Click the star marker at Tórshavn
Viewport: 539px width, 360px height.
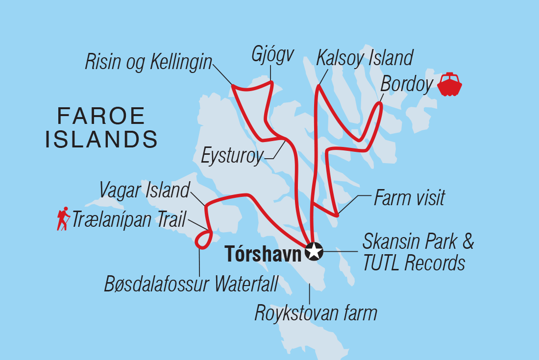click(314, 252)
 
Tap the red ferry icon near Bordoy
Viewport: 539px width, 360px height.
click(449, 84)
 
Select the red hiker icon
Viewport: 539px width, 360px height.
click(63, 219)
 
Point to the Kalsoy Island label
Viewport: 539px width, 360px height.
click(365, 57)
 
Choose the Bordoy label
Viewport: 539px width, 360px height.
click(407, 85)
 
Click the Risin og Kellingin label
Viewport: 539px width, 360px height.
click(148, 62)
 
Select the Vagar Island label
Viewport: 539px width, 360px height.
click(144, 191)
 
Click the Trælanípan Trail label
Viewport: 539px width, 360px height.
click(128, 219)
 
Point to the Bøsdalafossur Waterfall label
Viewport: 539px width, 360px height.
click(191, 284)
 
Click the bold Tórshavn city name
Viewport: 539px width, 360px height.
click(263, 252)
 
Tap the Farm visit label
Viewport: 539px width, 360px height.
click(409, 198)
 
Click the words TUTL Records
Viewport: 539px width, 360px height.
click(414, 263)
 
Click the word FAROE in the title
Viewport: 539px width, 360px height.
click(101, 117)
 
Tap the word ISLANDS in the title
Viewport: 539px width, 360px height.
click(101, 140)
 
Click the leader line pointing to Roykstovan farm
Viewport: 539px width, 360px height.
click(309, 293)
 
